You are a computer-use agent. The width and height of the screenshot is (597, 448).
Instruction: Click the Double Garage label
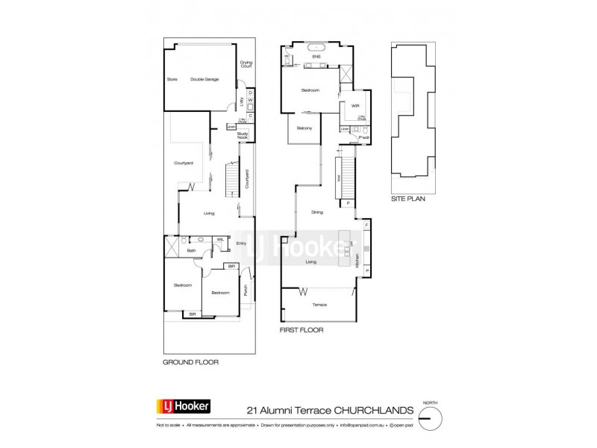tap(204, 79)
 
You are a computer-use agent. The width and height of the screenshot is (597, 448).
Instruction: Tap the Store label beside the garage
tap(172, 79)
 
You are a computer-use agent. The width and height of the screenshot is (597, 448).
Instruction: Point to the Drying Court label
tap(245, 64)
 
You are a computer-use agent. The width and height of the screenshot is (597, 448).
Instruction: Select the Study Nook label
tap(243, 135)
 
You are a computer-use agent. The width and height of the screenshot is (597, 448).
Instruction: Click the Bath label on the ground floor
tap(191, 251)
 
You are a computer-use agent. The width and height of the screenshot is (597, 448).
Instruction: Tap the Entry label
tap(241, 243)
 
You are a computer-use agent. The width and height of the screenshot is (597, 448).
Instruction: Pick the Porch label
tap(246, 292)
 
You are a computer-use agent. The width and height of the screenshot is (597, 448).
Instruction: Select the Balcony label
tap(304, 128)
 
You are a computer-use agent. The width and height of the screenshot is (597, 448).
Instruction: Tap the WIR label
tap(346, 105)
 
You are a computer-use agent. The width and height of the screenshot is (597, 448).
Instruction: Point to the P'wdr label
tap(365, 138)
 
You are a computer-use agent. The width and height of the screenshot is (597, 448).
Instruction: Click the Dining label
tap(318, 214)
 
